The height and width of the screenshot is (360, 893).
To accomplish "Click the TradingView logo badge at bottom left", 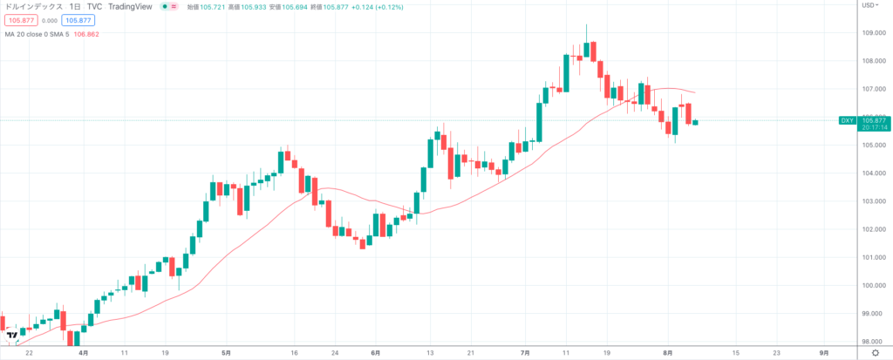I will point(11,336).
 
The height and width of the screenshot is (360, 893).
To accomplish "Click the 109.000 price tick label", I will point(873,33).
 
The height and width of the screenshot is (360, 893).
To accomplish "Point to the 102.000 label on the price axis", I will point(873,229).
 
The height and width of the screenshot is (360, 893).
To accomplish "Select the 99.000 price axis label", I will point(873,313).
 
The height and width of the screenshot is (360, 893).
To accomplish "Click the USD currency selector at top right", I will point(869,5).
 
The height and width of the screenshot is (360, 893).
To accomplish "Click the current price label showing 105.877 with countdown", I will point(875,123).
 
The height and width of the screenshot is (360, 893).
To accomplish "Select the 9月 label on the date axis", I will point(823,353).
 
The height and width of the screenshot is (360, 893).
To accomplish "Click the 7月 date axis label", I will point(524,353).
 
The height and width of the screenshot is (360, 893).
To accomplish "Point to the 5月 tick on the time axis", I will point(227,353).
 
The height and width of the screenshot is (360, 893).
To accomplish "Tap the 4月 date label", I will point(83,353).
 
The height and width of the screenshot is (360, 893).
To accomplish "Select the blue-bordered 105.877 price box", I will point(78,19).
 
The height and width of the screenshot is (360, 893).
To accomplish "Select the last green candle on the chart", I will point(695,122).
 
